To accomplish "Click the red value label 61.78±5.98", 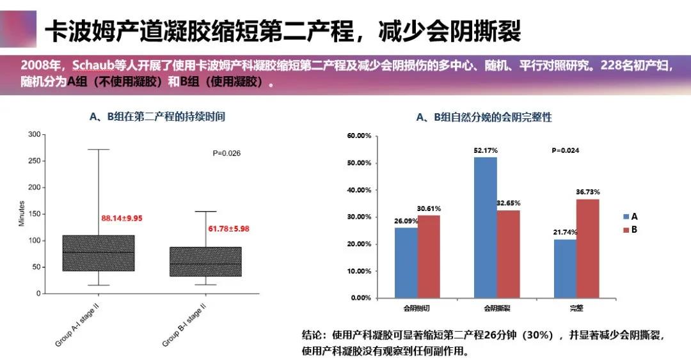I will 228,228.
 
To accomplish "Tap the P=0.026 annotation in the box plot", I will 226,153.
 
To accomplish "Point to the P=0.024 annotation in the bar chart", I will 566,150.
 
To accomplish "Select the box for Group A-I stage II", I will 99,253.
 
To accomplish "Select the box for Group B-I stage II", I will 205,262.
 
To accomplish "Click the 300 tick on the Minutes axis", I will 34,134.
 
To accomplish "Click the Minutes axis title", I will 22,214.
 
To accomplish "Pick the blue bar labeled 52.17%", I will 486,227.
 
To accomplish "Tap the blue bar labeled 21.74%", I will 565,269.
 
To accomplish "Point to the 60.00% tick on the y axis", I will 359,136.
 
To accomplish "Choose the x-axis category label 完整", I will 576,308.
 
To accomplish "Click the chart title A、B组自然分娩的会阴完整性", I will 484,117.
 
